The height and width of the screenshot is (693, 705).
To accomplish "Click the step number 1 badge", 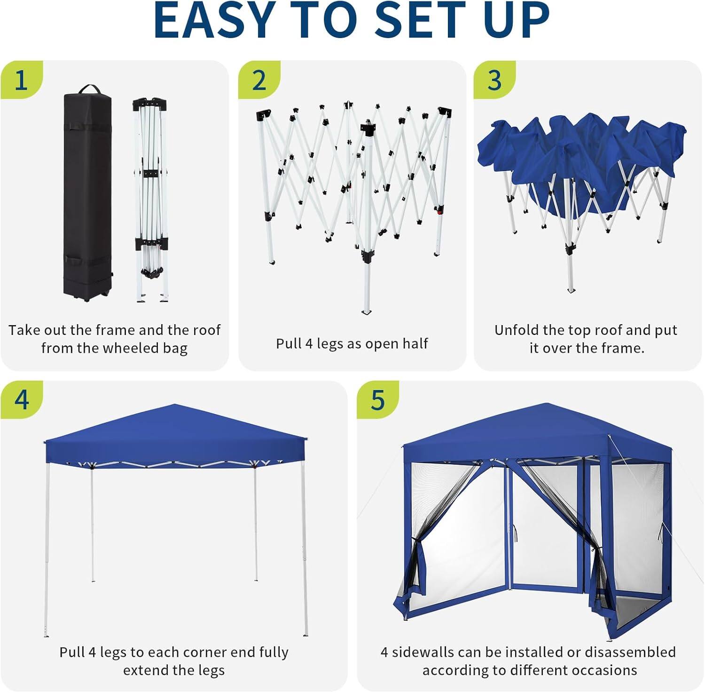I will [x=21, y=80].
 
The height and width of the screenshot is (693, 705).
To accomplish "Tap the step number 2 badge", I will [x=259, y=80].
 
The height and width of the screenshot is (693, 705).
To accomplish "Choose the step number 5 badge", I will [x=378, y=400].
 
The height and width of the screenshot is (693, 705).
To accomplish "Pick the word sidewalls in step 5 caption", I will [x=427, y=653].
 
